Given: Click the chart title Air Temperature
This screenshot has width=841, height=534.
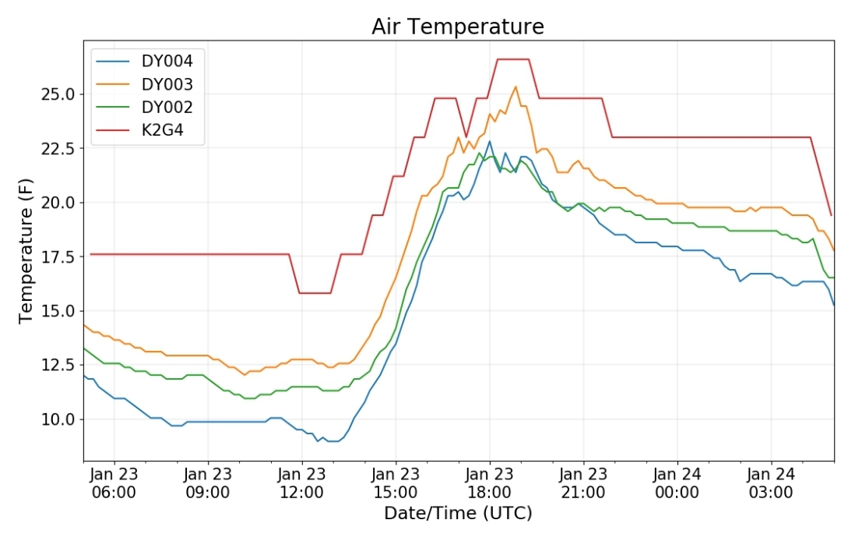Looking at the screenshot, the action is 458,27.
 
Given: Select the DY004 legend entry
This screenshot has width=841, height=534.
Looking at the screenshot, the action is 144,61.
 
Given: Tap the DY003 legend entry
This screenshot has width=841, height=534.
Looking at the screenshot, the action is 144,84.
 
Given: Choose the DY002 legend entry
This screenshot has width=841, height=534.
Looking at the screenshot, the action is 144,108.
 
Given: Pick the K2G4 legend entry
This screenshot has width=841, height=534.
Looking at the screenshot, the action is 140,130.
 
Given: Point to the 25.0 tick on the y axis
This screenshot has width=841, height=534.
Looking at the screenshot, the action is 58,94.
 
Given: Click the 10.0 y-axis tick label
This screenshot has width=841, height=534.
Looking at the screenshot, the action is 58,419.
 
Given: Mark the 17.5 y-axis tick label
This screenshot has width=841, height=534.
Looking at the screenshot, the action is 58,257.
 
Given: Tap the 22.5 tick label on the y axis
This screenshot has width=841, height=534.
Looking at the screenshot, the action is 58,149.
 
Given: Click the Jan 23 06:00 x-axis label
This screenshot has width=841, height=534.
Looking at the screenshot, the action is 114,483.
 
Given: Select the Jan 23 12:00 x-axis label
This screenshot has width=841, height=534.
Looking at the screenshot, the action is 301,483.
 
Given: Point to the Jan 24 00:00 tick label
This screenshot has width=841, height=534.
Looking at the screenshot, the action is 677,483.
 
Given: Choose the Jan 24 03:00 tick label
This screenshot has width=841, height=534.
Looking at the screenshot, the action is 771,483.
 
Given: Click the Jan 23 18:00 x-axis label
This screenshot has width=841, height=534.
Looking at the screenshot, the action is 489,483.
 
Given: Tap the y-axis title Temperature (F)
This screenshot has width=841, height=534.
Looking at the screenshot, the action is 26,251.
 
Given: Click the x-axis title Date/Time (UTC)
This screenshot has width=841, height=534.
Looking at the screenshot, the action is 458,513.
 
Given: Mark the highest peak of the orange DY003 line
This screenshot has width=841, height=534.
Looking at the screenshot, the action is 516,87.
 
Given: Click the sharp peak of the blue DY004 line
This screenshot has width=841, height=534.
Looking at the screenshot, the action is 489,142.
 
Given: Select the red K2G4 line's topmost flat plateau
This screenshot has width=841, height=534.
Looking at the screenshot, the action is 513,59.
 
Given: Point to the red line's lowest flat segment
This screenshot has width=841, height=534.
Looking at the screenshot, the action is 315,293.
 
